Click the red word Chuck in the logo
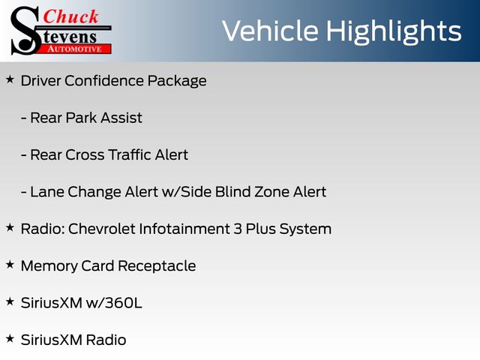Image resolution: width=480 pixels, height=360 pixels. click(70, 16)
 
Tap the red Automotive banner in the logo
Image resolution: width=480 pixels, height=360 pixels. click(75, 49)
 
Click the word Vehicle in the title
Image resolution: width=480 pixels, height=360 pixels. click(270, 31)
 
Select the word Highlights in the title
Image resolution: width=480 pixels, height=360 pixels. click(394, 32)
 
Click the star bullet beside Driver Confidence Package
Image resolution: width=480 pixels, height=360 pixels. click(10, 79)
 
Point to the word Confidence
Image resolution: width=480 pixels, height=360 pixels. click(103, 81)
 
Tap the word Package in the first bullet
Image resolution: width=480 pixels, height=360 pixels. click(177, 82)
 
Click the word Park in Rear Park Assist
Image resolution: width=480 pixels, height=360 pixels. click(81, 118)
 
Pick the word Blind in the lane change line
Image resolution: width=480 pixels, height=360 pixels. click(229, 192)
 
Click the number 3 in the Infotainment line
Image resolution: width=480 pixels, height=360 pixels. click(238, 229)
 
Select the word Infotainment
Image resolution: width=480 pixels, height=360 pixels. click(184, 229)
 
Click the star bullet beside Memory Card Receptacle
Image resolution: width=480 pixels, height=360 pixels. click(10, 265)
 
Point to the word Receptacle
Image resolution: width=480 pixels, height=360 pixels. click(157, 266)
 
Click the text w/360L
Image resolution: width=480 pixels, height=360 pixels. click(114, 303)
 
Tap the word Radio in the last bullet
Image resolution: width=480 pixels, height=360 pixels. click(106, 340)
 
